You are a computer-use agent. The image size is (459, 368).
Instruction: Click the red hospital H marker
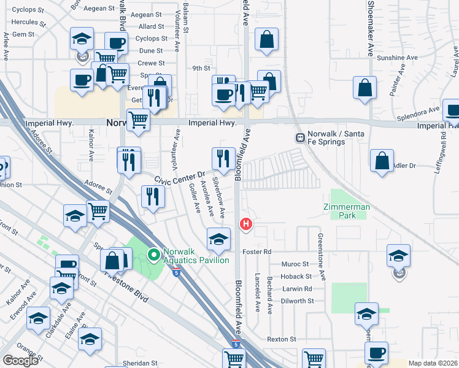click(246, 224)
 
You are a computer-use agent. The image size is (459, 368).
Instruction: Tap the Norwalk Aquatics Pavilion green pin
click(153, 253)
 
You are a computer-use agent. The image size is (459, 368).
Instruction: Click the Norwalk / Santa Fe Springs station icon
click(300, 137)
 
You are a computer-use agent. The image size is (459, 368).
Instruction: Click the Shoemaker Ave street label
click(370, 28)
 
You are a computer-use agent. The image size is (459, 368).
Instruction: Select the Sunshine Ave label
click(397, 58)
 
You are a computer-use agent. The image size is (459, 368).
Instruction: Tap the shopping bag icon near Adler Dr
click(382, 161)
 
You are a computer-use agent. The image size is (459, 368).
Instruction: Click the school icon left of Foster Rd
click(218, 239)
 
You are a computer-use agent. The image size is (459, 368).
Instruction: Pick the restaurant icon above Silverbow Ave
click(223, 158)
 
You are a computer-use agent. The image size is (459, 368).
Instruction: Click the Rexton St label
click(281, 339)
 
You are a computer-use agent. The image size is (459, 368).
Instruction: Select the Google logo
click(20, 361)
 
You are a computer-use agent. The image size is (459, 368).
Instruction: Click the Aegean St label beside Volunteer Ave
click(146, 14)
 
